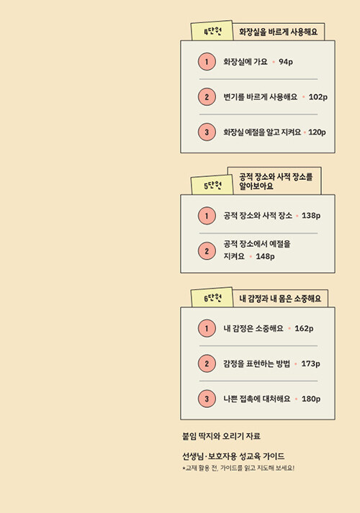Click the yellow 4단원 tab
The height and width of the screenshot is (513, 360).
(212, 31)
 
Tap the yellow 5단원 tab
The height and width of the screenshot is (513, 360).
(212, 185)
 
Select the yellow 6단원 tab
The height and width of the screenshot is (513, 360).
(212, 298)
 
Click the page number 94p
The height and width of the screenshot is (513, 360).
(286, 62)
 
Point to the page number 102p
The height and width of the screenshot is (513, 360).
(318, 97)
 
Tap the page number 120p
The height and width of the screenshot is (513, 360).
(317, 132)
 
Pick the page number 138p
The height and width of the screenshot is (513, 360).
(311, 216)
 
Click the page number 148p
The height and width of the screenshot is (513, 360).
(265, 256)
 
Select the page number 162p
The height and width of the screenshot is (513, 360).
(304, 329)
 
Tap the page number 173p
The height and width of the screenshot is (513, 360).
(310, 364)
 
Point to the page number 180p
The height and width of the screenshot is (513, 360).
(311, 399)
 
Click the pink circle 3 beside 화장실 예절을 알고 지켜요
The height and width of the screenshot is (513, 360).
(207, 132)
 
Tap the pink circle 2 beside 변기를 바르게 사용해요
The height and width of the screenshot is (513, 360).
(207, 97)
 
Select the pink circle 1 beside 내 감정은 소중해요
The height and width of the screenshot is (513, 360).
(207, 328)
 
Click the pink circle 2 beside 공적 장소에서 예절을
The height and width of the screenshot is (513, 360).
(207, 251)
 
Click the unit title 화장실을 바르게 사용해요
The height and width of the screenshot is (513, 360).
(278, 32)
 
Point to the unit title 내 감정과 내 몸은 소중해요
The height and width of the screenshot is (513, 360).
(280, 299)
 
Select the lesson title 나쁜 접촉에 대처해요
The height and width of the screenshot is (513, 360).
(257, 399)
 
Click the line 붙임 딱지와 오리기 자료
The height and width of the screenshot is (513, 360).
(221, 436)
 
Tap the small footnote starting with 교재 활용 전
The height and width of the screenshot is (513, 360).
(238, 468)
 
